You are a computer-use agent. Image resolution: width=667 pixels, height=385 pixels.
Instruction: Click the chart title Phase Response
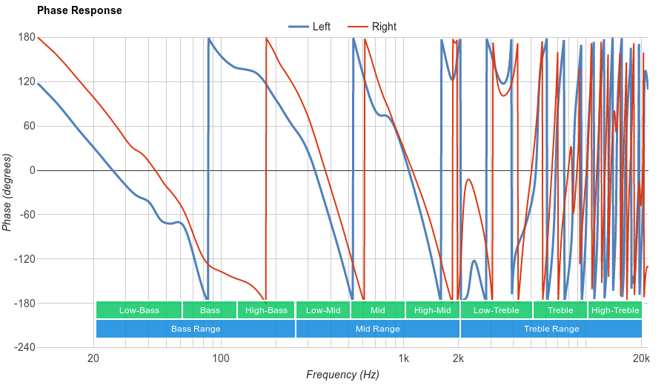pos(79,11)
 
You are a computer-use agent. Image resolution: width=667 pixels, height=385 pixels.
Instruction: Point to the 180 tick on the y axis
pos(27,37)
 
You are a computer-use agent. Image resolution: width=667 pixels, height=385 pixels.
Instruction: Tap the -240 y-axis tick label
pos(24,347)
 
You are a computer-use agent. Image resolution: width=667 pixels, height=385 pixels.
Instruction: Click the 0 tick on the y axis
pos(32,170)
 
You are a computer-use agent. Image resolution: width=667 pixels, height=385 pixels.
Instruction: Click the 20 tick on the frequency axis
pos(93,359)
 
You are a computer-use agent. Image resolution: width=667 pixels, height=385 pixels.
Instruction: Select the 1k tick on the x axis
pos(403,359)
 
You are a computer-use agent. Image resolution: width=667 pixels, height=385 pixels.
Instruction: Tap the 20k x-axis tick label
pos(642,359)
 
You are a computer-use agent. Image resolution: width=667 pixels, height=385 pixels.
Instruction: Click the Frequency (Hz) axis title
pos(342,375)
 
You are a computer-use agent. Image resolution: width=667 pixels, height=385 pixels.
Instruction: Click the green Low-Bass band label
pos(139,310)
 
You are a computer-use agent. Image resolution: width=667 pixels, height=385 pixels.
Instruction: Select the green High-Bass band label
pos(266,310)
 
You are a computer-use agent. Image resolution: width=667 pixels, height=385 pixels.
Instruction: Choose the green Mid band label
pos(378,310)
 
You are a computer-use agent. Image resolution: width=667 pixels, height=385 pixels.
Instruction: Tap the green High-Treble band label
pos(615,310)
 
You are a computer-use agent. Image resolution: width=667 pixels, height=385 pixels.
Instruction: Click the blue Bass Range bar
pos(196,329)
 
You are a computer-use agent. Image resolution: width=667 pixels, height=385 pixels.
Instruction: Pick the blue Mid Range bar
pos(378,329)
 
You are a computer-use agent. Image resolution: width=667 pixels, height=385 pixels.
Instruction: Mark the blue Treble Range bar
pos(551,329)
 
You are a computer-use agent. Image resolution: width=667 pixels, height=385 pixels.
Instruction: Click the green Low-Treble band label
pos(496,310)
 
